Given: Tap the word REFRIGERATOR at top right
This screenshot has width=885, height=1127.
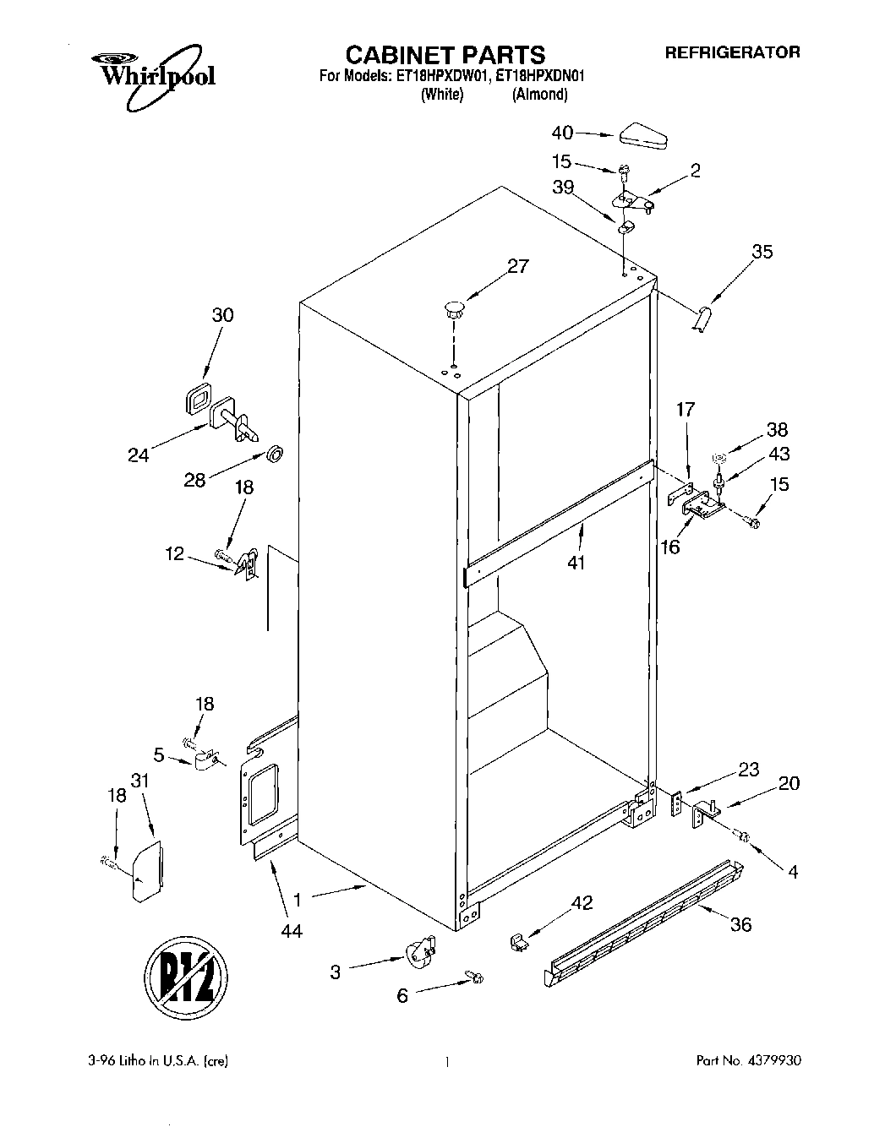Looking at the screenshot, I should click(732, 52).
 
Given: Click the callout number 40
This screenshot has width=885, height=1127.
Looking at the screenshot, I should click(562, 133).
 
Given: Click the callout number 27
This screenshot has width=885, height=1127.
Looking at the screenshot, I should click(517, 266).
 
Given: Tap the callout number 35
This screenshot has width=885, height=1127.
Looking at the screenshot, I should click(762, 251).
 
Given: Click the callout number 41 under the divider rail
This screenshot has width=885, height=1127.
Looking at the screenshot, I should click(576, 561).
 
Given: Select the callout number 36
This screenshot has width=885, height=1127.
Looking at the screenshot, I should click(740, 924).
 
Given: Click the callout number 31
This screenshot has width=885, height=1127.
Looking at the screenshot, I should click(140, 781).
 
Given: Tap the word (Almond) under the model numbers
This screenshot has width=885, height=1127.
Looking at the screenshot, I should click(539, 95).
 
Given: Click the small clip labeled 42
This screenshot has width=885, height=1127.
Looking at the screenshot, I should click(519, 940).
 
